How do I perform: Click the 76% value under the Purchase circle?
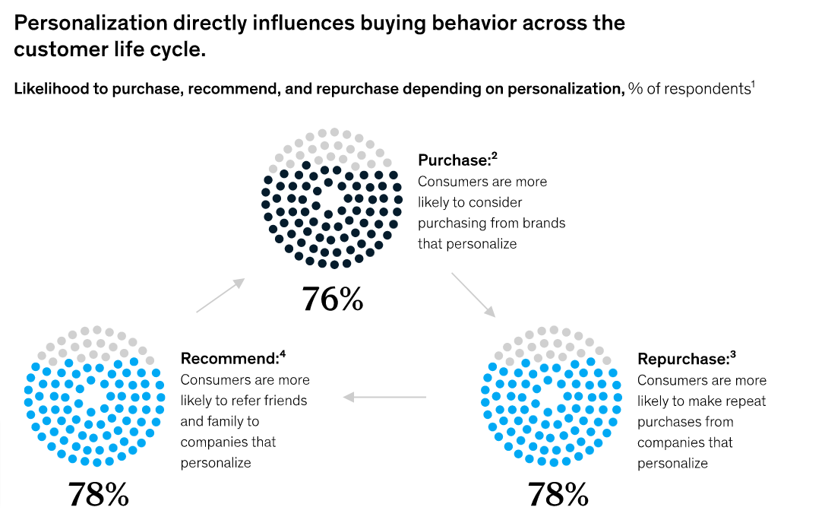point(332,299)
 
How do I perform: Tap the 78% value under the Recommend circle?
point(99,495)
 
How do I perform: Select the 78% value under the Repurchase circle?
point(558,495)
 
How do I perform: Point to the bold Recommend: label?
point(229,359)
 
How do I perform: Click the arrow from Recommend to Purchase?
point(220,295)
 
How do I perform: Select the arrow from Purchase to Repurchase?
point(473,295)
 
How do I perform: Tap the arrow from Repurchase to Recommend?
point(385,397)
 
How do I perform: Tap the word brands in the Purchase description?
point(544,223)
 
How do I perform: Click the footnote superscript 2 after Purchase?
point(495,157)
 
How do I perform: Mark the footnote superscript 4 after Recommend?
point(282,354)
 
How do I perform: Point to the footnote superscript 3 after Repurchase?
point(733,354)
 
